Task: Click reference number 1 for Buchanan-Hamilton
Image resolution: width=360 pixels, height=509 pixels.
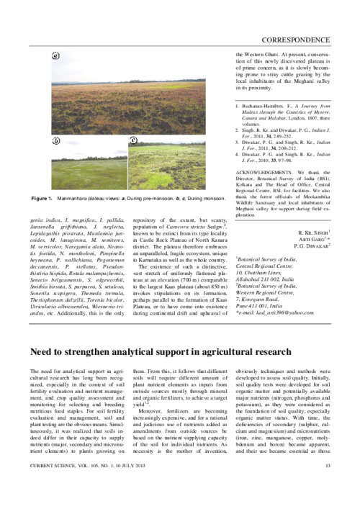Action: pos(238,107)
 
